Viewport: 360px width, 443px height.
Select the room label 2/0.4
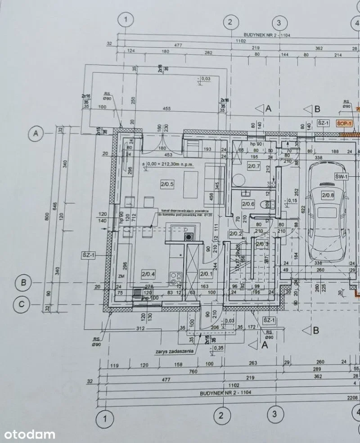tap(148, 273)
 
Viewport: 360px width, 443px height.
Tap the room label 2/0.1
tap(206, 273)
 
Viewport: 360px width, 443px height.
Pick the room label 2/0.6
tap(248, 203)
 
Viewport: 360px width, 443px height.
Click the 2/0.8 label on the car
tap(328, 195)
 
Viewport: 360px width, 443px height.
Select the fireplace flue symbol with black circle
tap(188, 237)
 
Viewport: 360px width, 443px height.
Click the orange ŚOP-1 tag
tap(345, 123)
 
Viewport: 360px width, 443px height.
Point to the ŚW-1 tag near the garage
tap(341, 177)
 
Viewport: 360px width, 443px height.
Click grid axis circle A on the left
tap(35, 133)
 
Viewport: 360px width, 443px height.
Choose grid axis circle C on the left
tap(21, 304)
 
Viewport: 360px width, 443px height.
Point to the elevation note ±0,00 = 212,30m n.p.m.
tap(167, 165)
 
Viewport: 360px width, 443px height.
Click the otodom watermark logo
tap(30, 434)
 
